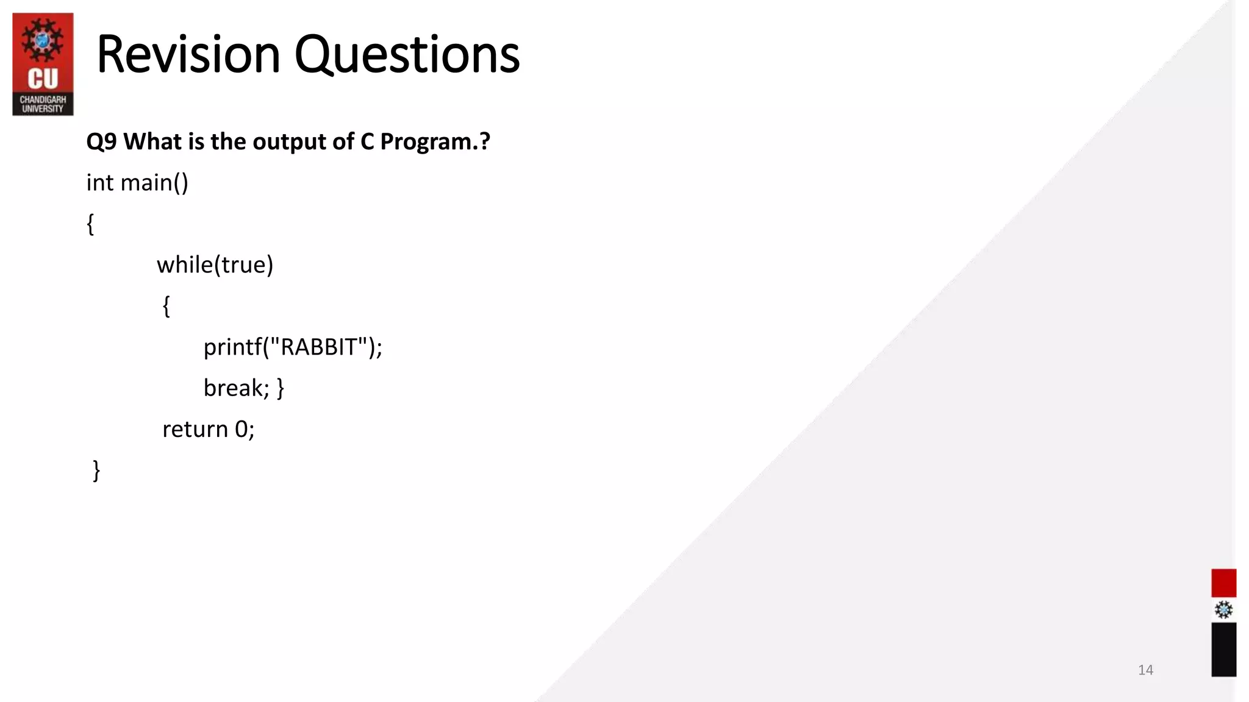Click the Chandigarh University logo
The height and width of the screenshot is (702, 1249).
pos(43,64)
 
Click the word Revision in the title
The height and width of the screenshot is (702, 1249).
pos(188,55)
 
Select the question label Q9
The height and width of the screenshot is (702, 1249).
pos(101,142)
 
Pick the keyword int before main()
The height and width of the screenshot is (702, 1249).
pos(99,183)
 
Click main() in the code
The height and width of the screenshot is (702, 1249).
pos(154,183)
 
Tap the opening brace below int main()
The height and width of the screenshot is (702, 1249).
pos(90,224)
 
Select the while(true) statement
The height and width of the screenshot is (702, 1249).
pos(215,265)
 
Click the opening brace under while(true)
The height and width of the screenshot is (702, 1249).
pos(166,306)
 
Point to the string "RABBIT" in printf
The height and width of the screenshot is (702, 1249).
pos(318,347)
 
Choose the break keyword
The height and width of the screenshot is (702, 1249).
pos(232,388)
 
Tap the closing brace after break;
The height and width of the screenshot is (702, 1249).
pos(280,388)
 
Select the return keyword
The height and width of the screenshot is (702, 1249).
pos(195,429)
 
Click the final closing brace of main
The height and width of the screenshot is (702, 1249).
pos(96,470)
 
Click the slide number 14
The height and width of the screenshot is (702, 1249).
pos(1145,670)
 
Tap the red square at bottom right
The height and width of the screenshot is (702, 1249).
pos(1223,583)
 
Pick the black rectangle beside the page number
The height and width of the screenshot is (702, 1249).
pos(1223,650)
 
